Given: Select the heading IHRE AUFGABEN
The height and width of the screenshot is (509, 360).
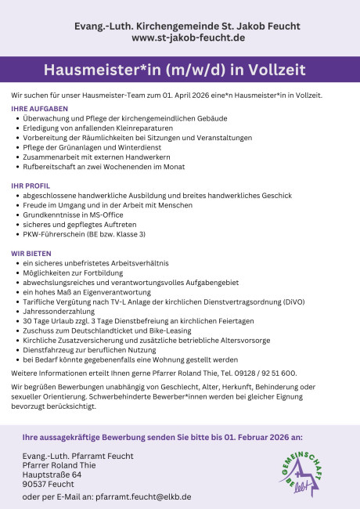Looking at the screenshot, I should click(39, 108).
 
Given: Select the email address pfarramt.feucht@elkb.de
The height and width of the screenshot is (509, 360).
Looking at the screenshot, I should click(144, 496).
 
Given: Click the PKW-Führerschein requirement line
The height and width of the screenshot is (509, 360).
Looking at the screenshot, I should click(85, 233).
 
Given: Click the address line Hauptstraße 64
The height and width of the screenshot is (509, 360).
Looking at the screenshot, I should click(52, 474).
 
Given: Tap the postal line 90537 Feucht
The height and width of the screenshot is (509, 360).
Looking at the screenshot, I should click(49, 484).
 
